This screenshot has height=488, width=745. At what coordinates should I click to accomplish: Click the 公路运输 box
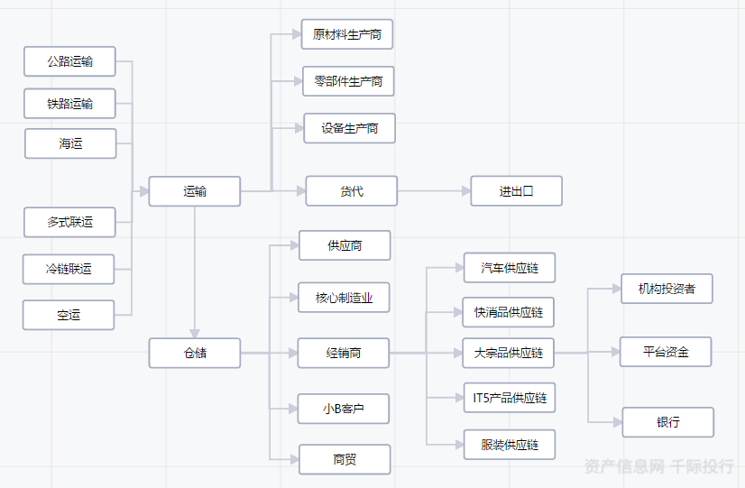click(x=70, y=62)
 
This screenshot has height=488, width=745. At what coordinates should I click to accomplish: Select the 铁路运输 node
click(x=70, y=104)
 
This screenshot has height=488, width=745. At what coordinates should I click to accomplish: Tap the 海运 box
click(x=70, y=143)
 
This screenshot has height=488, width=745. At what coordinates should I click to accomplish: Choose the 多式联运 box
click(x=70, y=222)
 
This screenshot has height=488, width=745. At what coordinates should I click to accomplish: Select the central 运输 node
click(x=195, y=191)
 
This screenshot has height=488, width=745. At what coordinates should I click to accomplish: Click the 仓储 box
click(x=195, y=353)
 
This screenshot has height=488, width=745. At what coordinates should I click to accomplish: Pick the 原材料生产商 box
click(x=347, y=34)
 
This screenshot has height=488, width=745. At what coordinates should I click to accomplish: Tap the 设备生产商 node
click(x=349, y=128)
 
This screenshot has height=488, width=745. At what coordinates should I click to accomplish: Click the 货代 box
click(x=352, y=191)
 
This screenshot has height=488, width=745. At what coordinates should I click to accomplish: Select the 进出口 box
click(x=516, y=191)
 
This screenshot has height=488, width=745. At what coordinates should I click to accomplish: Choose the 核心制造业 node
click(x=344, y=298)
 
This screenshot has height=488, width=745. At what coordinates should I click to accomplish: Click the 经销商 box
click(x=344, y=353)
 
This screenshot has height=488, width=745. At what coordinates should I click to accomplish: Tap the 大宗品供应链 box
click(x=509, y=353)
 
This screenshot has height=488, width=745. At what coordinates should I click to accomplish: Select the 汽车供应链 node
click(x=509, y=268)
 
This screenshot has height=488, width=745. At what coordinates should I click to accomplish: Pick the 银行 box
click(x=668, y=422)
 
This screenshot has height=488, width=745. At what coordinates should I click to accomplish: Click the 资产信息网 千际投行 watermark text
click(x=658, y=466)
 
